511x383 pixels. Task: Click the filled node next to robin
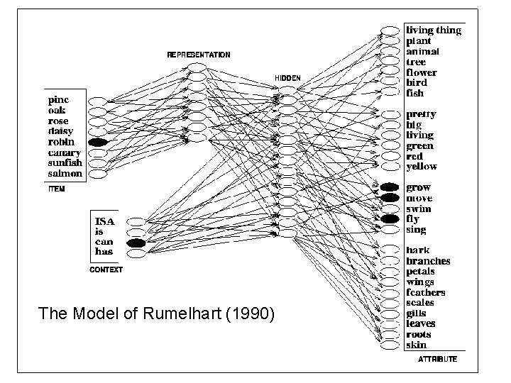tap(98, 143)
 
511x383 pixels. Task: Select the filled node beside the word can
tap(136, 243)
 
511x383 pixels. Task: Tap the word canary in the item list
tap(65, 152)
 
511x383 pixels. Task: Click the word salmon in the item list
tap(65, 174)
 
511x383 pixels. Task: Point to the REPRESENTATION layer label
tap(198, 55)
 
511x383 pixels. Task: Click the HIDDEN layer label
tap(287, 77)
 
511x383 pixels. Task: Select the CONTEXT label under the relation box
tap(106, 270)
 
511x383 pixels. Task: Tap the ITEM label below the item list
tap(57, 189)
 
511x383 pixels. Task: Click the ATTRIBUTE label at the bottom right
tap(437, 360)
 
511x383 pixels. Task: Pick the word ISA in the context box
tap(106, 221)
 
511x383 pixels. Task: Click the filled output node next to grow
tap(390, 188)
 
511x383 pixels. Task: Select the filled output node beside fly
tap(390, 219)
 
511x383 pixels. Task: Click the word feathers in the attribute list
tap(426, 293)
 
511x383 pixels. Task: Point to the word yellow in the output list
tap(422, 167)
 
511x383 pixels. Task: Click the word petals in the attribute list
tap(420, 272)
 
